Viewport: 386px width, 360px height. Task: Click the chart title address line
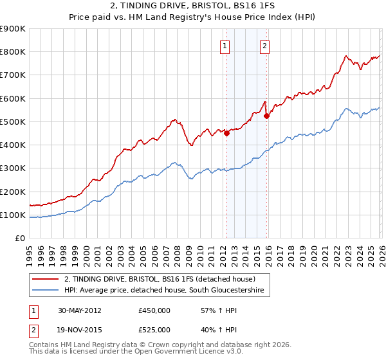193,6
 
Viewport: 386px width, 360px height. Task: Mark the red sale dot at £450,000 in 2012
226,134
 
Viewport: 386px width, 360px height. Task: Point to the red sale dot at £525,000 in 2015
266,116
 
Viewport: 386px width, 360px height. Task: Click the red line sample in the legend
46,279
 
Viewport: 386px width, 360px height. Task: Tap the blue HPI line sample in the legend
46,291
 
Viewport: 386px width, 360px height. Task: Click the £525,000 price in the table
154,330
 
